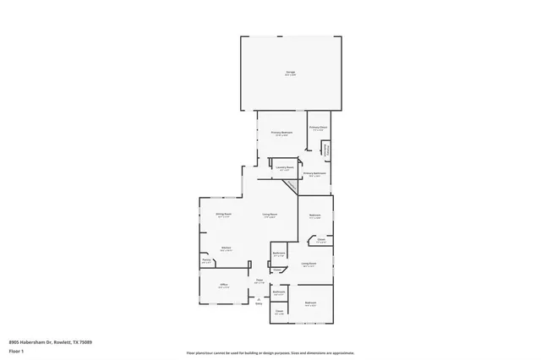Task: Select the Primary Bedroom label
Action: coord(281,133)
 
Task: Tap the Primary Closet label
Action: coord(318,128)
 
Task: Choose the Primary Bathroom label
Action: coord(314,175)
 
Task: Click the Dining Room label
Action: coord(223,215)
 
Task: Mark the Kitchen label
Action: coord(226,248)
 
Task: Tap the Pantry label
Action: coord(206,262)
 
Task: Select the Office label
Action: coord(224,286)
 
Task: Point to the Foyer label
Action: coord(260,281)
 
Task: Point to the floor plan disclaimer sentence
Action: coord(270,353)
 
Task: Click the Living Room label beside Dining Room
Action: coord(270,215)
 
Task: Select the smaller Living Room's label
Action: coord(309,265)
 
